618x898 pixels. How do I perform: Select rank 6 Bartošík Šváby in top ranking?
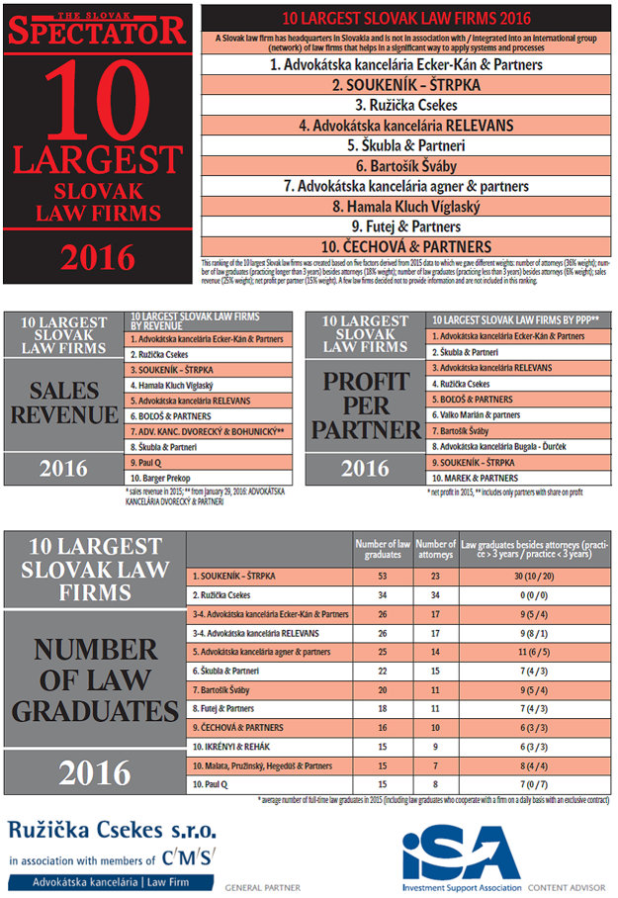(x=406, y=166)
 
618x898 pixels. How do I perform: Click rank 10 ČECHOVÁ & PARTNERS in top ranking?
(x=406, y=246)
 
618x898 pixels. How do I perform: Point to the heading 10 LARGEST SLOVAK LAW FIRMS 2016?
(x=406, y=18)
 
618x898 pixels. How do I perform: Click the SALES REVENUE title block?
(x=63, y=400)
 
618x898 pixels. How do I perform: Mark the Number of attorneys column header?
(x=434, y=549)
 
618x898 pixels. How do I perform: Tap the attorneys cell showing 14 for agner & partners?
(x=434, y=654)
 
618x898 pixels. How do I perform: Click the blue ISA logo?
(x=461, y=849)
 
